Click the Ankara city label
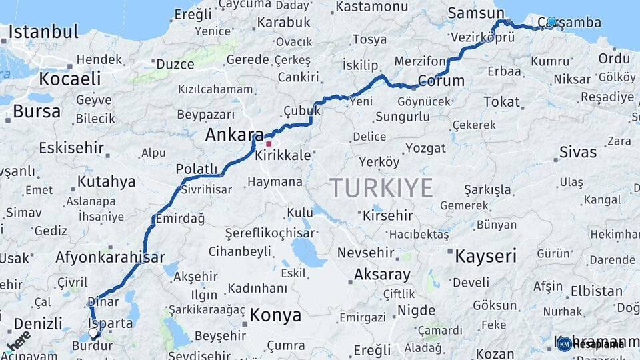point(234,135)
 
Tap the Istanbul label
point(43,31)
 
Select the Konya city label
point(275,315)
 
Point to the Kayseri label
point(485,255)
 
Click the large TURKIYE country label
point(381,188)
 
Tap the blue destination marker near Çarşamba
point(551,22)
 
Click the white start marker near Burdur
point(93,332)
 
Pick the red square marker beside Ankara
point(269,143)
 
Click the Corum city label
point(441,81)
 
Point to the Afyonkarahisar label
point(110,257)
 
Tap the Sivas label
point(578,151)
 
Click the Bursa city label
point(37,111)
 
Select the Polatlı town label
point(197,169)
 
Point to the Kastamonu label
point(372,7)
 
